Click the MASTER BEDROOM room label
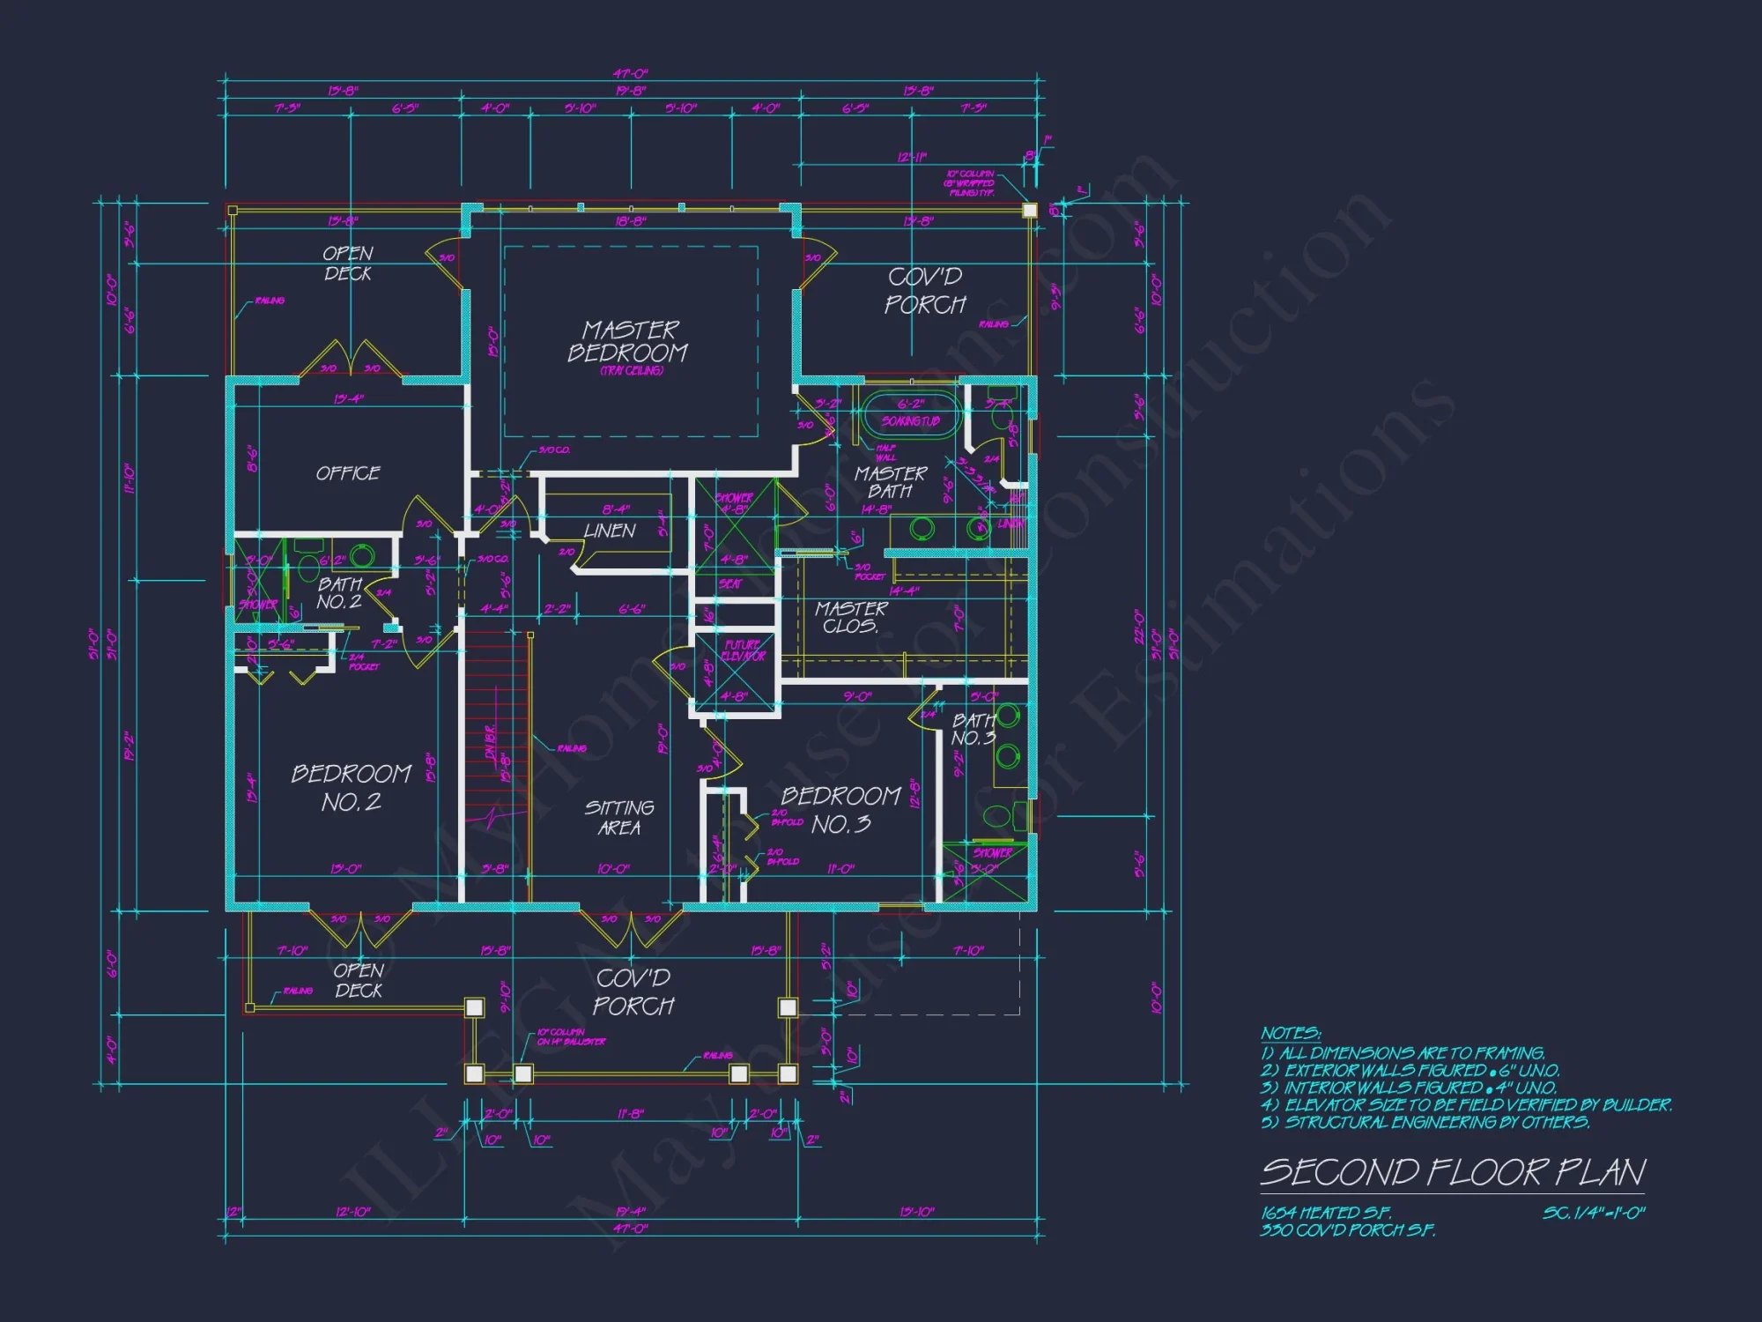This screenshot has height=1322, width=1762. pos(628,341)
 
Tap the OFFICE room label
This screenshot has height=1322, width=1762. pos(348,473)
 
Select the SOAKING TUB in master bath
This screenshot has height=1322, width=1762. pos(910,420)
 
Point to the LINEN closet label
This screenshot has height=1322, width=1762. pos(609,531)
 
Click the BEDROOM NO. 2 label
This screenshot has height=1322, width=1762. pos(351,788)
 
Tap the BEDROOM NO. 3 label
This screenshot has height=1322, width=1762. pos(840,810)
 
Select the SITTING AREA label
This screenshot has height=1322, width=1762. pos(619,818)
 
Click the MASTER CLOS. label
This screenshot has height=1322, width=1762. pos(850,617)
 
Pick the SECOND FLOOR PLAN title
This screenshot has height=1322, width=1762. pos(1453,1172)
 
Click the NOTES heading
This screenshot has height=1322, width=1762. pos(1290,1033)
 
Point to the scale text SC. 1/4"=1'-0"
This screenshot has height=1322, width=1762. pos(1593,1213)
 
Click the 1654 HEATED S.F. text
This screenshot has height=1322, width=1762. pos(1326,1213)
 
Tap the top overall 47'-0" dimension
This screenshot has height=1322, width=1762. pos(630,74)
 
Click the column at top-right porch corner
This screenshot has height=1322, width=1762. pos(1029,211)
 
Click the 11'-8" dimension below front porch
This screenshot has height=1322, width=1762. pos(630,1113)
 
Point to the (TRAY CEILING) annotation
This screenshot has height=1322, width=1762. pos(631,371)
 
